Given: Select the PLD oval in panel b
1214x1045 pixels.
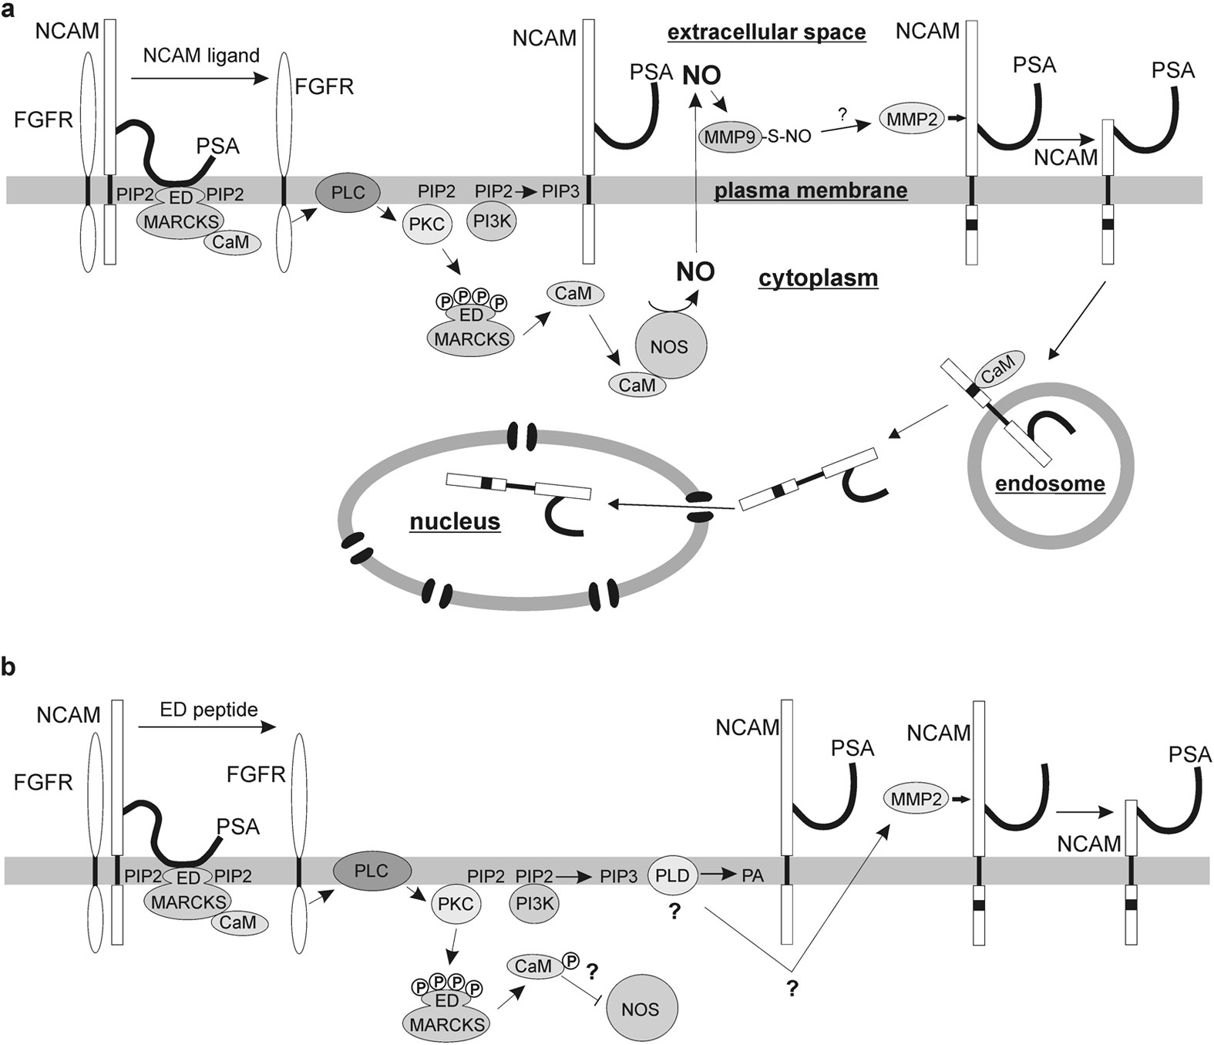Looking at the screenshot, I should click(x=672, y=875).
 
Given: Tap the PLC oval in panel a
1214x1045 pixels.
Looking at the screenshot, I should click(x=348, y=192).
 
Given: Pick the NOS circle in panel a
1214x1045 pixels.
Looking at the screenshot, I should click(x=669, y=347).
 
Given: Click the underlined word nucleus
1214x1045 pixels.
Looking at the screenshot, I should click(x=455, y=522).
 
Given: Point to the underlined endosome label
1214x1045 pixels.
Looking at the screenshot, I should click(x=1050, y=484).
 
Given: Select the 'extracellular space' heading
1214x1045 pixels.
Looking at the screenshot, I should click(x=766, y=32).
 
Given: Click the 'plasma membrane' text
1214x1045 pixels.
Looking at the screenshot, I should click(x=810, y=190).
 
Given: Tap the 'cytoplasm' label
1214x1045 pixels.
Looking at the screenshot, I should click(x=818, y=278).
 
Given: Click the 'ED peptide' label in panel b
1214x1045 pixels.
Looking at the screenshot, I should click(x=209, y=710).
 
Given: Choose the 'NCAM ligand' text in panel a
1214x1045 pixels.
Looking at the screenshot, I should click(x=201, y=56).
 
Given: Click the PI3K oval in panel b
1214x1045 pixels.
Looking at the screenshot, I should click(x=533, y=903).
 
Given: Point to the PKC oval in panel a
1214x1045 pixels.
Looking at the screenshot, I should click(x=426, y=224).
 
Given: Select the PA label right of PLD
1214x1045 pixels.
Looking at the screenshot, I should click(x=752, y=875).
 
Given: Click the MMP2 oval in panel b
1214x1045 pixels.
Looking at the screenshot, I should click(x=916, y=800).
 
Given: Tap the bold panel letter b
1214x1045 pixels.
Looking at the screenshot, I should click(x=8, y=667).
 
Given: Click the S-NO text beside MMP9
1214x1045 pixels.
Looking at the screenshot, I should click(x=789, y=137).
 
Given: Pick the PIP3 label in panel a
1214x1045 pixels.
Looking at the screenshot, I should click(x=560, y=190).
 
